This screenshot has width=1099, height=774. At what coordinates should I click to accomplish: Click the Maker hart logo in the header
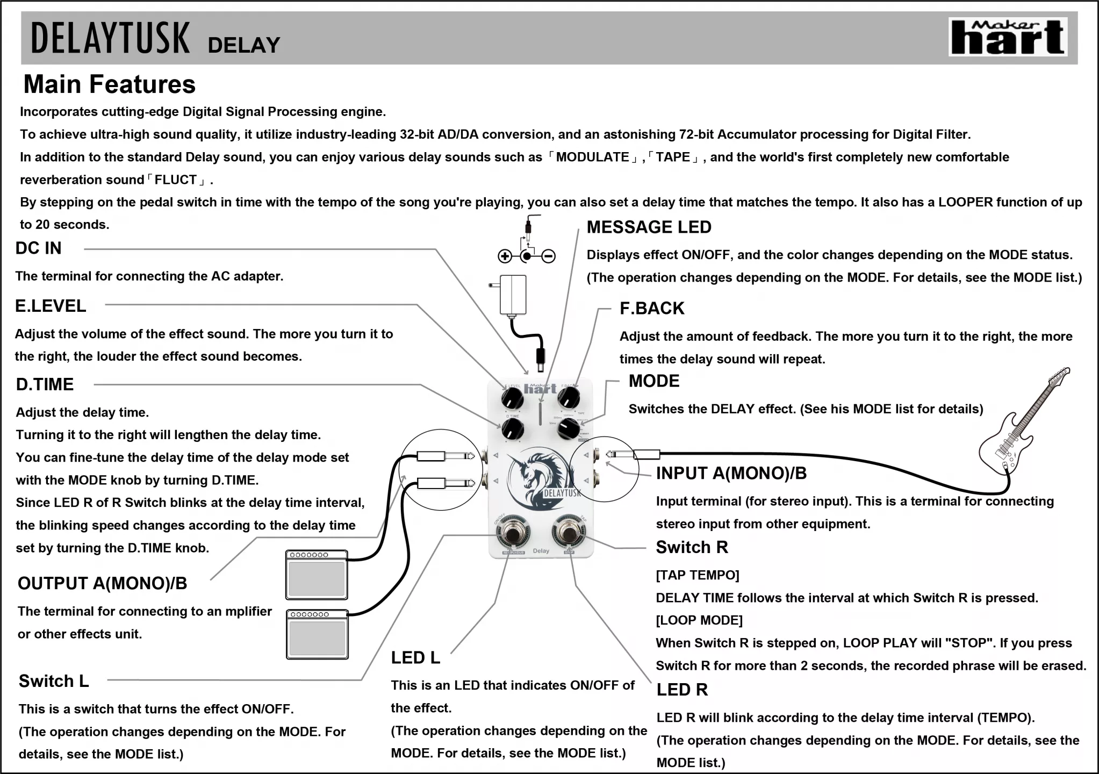pyautogui.click(x=1008, y=37)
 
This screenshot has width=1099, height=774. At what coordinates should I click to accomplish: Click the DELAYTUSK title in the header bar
pyautogui.click(x=110, y=38)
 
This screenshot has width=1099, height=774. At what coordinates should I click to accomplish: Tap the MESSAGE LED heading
pyautogui.click(x=649, y=227)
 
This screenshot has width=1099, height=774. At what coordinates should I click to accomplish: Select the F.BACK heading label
pyautogui.click(x=652, y=309)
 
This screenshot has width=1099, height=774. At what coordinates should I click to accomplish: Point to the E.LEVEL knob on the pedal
pyautogui.click(x=512, y=399)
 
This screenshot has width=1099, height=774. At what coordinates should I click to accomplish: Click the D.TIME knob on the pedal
pyautogui.click(x=512, y=429)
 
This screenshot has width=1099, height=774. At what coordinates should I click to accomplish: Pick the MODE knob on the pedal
pyautogui.click(x=568, y=429)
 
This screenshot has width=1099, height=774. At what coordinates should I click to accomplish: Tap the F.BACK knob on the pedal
pyautogui.click(x=568, y=398)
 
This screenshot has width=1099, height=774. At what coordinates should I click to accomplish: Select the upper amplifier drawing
pyautogui.click(x=317, y=575)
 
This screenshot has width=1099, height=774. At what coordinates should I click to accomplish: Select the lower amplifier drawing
pyautogui.click(x=317, y=634)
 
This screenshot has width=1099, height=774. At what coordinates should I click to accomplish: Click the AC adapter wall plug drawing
pyautogui.click(x=513, y=295)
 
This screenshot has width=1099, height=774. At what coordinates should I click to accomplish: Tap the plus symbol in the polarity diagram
pyautogui.click(x=505, y=256)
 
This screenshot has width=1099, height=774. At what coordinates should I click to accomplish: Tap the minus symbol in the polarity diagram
pyautogui.click(x=548, y=256)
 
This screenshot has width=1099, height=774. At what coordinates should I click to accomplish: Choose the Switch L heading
pyautogui.click(x=54, y=681)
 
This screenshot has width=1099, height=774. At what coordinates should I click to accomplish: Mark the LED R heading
pyautogui.click(x=682, y=690)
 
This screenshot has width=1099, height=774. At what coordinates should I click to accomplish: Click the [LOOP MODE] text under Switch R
pyautogui.click(x=699, y=620)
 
